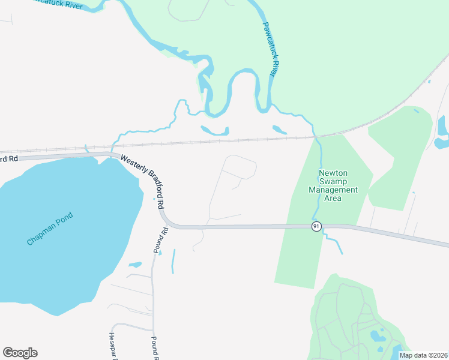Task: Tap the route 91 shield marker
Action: [316, 226]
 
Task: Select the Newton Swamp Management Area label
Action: [333, 185]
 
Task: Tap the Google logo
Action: [20, 353]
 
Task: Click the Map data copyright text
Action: [423, 355]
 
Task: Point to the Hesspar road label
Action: [112, 346]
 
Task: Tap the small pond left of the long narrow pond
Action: [135, 265]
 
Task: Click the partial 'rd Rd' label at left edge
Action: [9, 158]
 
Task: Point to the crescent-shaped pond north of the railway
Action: [214, 130]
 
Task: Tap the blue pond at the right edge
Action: [442, 132]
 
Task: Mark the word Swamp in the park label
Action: [333, 182]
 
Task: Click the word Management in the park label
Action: [333, 190]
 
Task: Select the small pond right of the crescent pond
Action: [279, 130]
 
